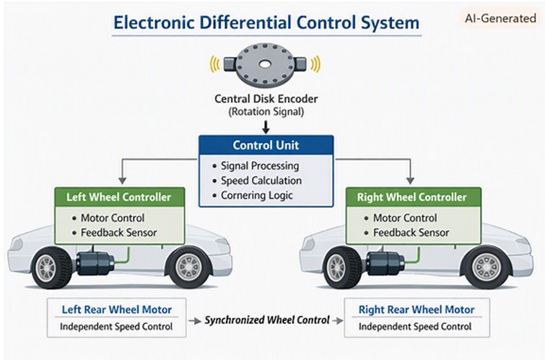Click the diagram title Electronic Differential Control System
coord(266,23)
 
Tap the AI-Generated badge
coord(500,18)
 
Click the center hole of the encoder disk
coord(265,64)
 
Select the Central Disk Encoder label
coord(266,99)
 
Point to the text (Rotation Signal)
coord(266,112)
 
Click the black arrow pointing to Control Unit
coord(266,127)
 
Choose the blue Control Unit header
coord(266,145)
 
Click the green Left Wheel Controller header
coord(119,197)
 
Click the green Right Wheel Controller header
coord(414,197)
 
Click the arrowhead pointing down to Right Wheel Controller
coord(410,180)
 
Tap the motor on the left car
coord(95,263)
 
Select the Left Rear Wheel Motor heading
coord(117,309)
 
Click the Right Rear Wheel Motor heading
coord(417,309)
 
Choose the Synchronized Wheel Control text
coord(267,320)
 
